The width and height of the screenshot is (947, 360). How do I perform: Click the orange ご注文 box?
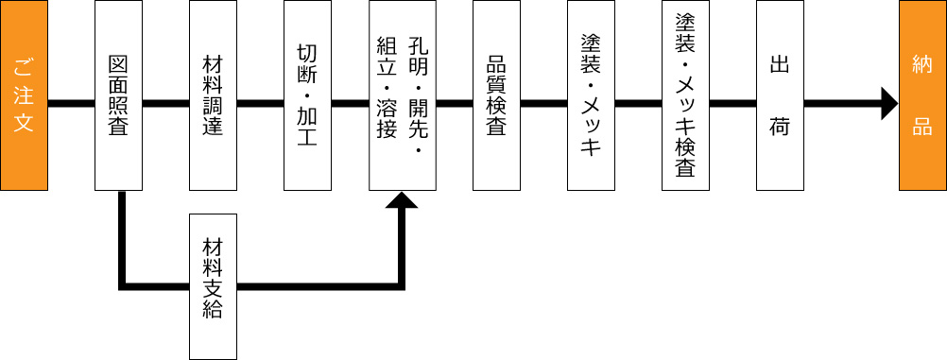[x=24, y=94]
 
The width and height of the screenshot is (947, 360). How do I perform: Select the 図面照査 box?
[x=118, y=94]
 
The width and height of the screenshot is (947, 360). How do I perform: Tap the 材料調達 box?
[x=213, y=94]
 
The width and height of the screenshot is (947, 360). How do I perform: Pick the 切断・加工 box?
[x=307, y=94]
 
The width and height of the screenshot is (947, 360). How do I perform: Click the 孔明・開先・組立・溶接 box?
[x=402, y=94]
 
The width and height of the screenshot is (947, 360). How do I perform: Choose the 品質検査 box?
[x=496, y=94]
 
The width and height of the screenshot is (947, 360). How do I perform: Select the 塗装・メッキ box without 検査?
[x=591, y=94]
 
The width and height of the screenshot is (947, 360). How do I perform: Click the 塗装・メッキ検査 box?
[x=685, y=94]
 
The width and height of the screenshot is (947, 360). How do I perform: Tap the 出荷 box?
[x=780, y=94]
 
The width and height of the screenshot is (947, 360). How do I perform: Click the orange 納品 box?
[x=922, y=94]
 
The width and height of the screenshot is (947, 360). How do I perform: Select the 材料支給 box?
[x=213, y=286]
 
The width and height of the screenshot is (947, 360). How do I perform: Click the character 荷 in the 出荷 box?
[x=780, y=128]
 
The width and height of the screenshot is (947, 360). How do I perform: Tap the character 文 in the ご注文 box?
[x=25, y=123]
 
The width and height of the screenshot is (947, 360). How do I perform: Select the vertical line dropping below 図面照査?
[x=122, y=236]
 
